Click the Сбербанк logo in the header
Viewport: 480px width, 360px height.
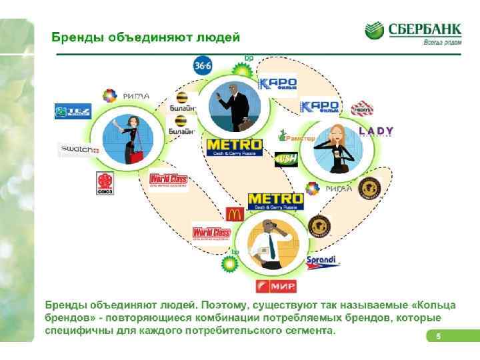coord(413,31)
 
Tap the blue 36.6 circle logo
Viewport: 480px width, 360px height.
coord(203,66)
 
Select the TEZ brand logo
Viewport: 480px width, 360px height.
coord(73,111)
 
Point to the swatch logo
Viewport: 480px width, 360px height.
coord(79,150)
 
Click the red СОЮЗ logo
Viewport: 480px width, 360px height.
coord(105,183)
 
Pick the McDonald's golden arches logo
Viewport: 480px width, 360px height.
coord(233,214)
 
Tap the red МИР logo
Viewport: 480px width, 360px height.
coord(271,287)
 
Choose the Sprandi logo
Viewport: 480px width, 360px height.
coord(323,261)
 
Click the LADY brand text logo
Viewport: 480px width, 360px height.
coord(376,131)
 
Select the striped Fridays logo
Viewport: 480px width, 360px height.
coord(361,108)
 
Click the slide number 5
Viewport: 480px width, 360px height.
coord(438,336)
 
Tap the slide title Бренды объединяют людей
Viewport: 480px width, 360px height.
coord(146,37)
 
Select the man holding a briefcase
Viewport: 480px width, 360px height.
coord(229,107)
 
